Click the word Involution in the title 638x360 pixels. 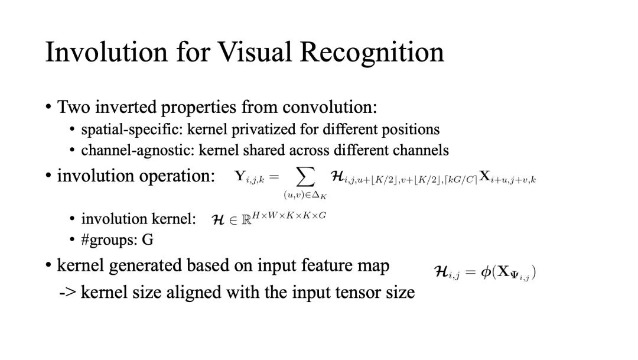tap(106, 51)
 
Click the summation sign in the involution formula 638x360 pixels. tap(305, 177)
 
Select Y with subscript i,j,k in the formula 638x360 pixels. tap(249, 177)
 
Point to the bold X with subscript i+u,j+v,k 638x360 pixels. tap(507, 177)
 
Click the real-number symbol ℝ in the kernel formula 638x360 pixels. tap(246, 220)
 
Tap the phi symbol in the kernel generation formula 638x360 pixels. tap(486, 272)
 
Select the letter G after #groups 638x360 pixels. tap(147, 239)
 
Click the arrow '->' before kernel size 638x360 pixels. tap(67, 293)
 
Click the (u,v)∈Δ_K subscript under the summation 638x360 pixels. tap(305, 196)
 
